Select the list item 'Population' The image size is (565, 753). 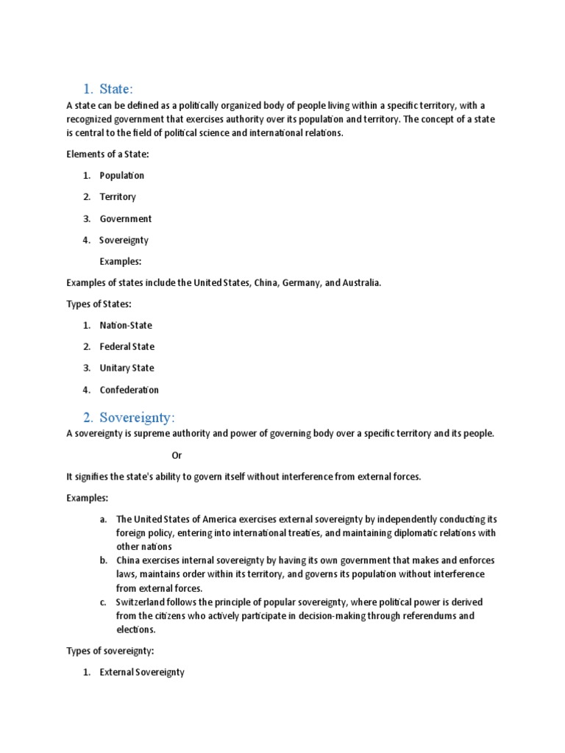click(122, 176)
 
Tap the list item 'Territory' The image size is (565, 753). click(118, 197)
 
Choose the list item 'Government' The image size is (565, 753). click(126, 218)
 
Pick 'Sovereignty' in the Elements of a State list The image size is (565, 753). click(124, 240)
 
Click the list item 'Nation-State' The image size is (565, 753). click(126, 325)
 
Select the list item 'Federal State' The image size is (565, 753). click(127, 346)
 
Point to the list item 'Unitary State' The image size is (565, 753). click(127, 368)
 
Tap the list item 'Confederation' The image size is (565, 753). click(129, 390)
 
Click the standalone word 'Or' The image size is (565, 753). click(177, 455)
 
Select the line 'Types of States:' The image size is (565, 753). click(99, 304)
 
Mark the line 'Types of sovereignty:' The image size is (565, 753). click(110, 650)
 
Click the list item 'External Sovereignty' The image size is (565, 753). click(142, 672)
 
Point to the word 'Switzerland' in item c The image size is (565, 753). click(141, 602)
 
